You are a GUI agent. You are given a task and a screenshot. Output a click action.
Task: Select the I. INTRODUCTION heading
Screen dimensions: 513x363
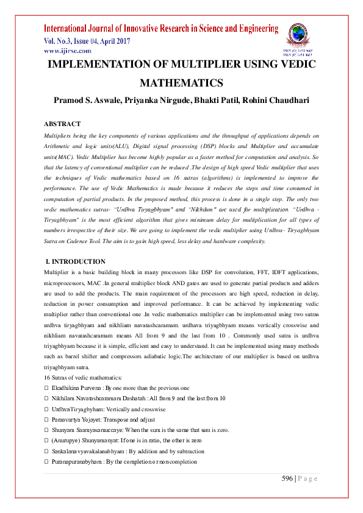[71, 261]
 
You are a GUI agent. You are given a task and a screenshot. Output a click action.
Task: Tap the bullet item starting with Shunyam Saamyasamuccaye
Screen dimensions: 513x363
[140, 430]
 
